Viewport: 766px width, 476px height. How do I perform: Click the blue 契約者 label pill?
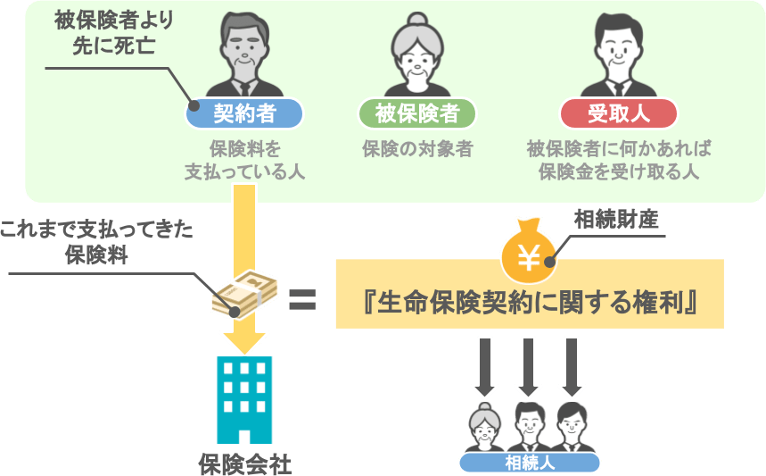[243, 113]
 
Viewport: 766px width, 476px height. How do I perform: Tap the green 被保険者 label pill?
[416, 113]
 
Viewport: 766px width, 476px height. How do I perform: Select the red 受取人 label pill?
[618, 113]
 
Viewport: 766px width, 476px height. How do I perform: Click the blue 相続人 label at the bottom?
[530, 463]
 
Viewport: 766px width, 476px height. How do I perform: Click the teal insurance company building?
[244, 398]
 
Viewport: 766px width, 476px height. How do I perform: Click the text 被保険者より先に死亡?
[113, 30]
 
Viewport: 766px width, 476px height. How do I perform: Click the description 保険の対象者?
[416, 148]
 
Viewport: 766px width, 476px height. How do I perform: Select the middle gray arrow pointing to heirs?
[529, 366]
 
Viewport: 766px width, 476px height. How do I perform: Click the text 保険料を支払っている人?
[243, 159]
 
